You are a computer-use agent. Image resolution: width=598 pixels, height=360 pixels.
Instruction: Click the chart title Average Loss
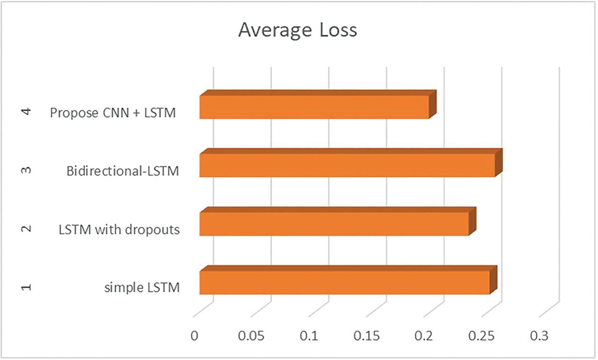[x=297, y=30]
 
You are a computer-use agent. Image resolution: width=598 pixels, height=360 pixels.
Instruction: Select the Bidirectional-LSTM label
[x=123, y=171]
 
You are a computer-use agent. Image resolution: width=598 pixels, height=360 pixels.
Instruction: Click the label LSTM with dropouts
[x=119, y=230]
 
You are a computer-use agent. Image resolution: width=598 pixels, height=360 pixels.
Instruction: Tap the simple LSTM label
[x=142, y=288]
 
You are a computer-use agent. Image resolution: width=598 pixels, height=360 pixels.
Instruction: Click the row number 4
[x=27, y=112]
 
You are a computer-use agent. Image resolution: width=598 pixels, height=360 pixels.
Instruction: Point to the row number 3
[x=27, y=170]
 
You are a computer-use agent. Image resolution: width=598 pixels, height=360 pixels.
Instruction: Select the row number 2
[x=27, y=229]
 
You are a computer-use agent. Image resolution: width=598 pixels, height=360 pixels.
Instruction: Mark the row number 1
[x=27, y=287]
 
